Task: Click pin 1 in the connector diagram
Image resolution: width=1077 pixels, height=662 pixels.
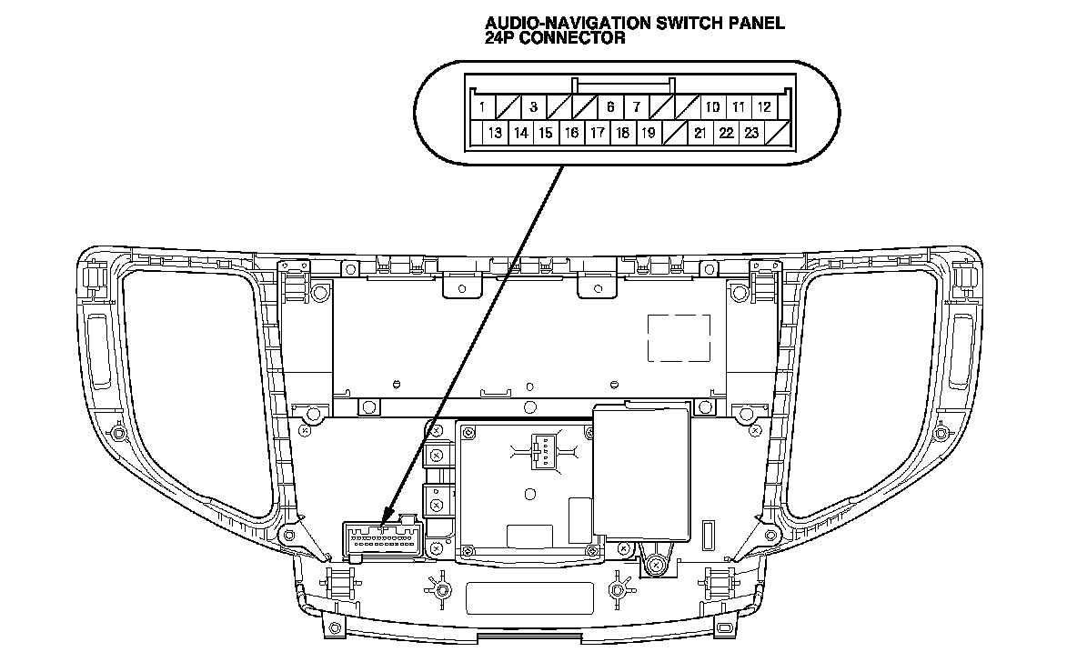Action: (x=479, y=106)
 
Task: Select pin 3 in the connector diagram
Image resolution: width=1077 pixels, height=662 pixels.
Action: (x=533, y=106)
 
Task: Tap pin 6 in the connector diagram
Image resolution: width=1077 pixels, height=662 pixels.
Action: (x=610, y=106)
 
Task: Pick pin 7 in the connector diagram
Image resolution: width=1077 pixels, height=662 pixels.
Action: (x=637, y=106)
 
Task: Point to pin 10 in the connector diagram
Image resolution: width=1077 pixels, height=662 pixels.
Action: (x=713, y=106)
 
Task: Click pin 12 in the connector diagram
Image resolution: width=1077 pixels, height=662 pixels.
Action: (x=765, y=106)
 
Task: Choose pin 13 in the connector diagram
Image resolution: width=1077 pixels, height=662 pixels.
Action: (x=495, y=133)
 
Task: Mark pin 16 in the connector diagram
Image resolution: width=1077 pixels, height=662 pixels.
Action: (x=571, y=133)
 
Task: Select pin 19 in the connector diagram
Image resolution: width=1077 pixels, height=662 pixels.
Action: (x=649, y=133)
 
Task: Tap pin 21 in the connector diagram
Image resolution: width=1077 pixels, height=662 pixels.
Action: (x=700, y=133)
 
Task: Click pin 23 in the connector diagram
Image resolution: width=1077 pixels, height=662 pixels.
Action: (x=751, y=133)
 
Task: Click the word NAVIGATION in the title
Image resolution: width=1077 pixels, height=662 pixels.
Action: (x=581, y=24)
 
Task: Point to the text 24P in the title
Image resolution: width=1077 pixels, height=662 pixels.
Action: (x=501, y=38)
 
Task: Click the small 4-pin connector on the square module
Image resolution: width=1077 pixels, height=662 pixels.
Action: (x=541, y=450)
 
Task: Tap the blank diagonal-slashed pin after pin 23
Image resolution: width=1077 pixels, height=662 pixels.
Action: (x=778, y=133)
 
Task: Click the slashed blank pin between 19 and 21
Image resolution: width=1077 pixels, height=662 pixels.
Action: (x=674, y=133)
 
